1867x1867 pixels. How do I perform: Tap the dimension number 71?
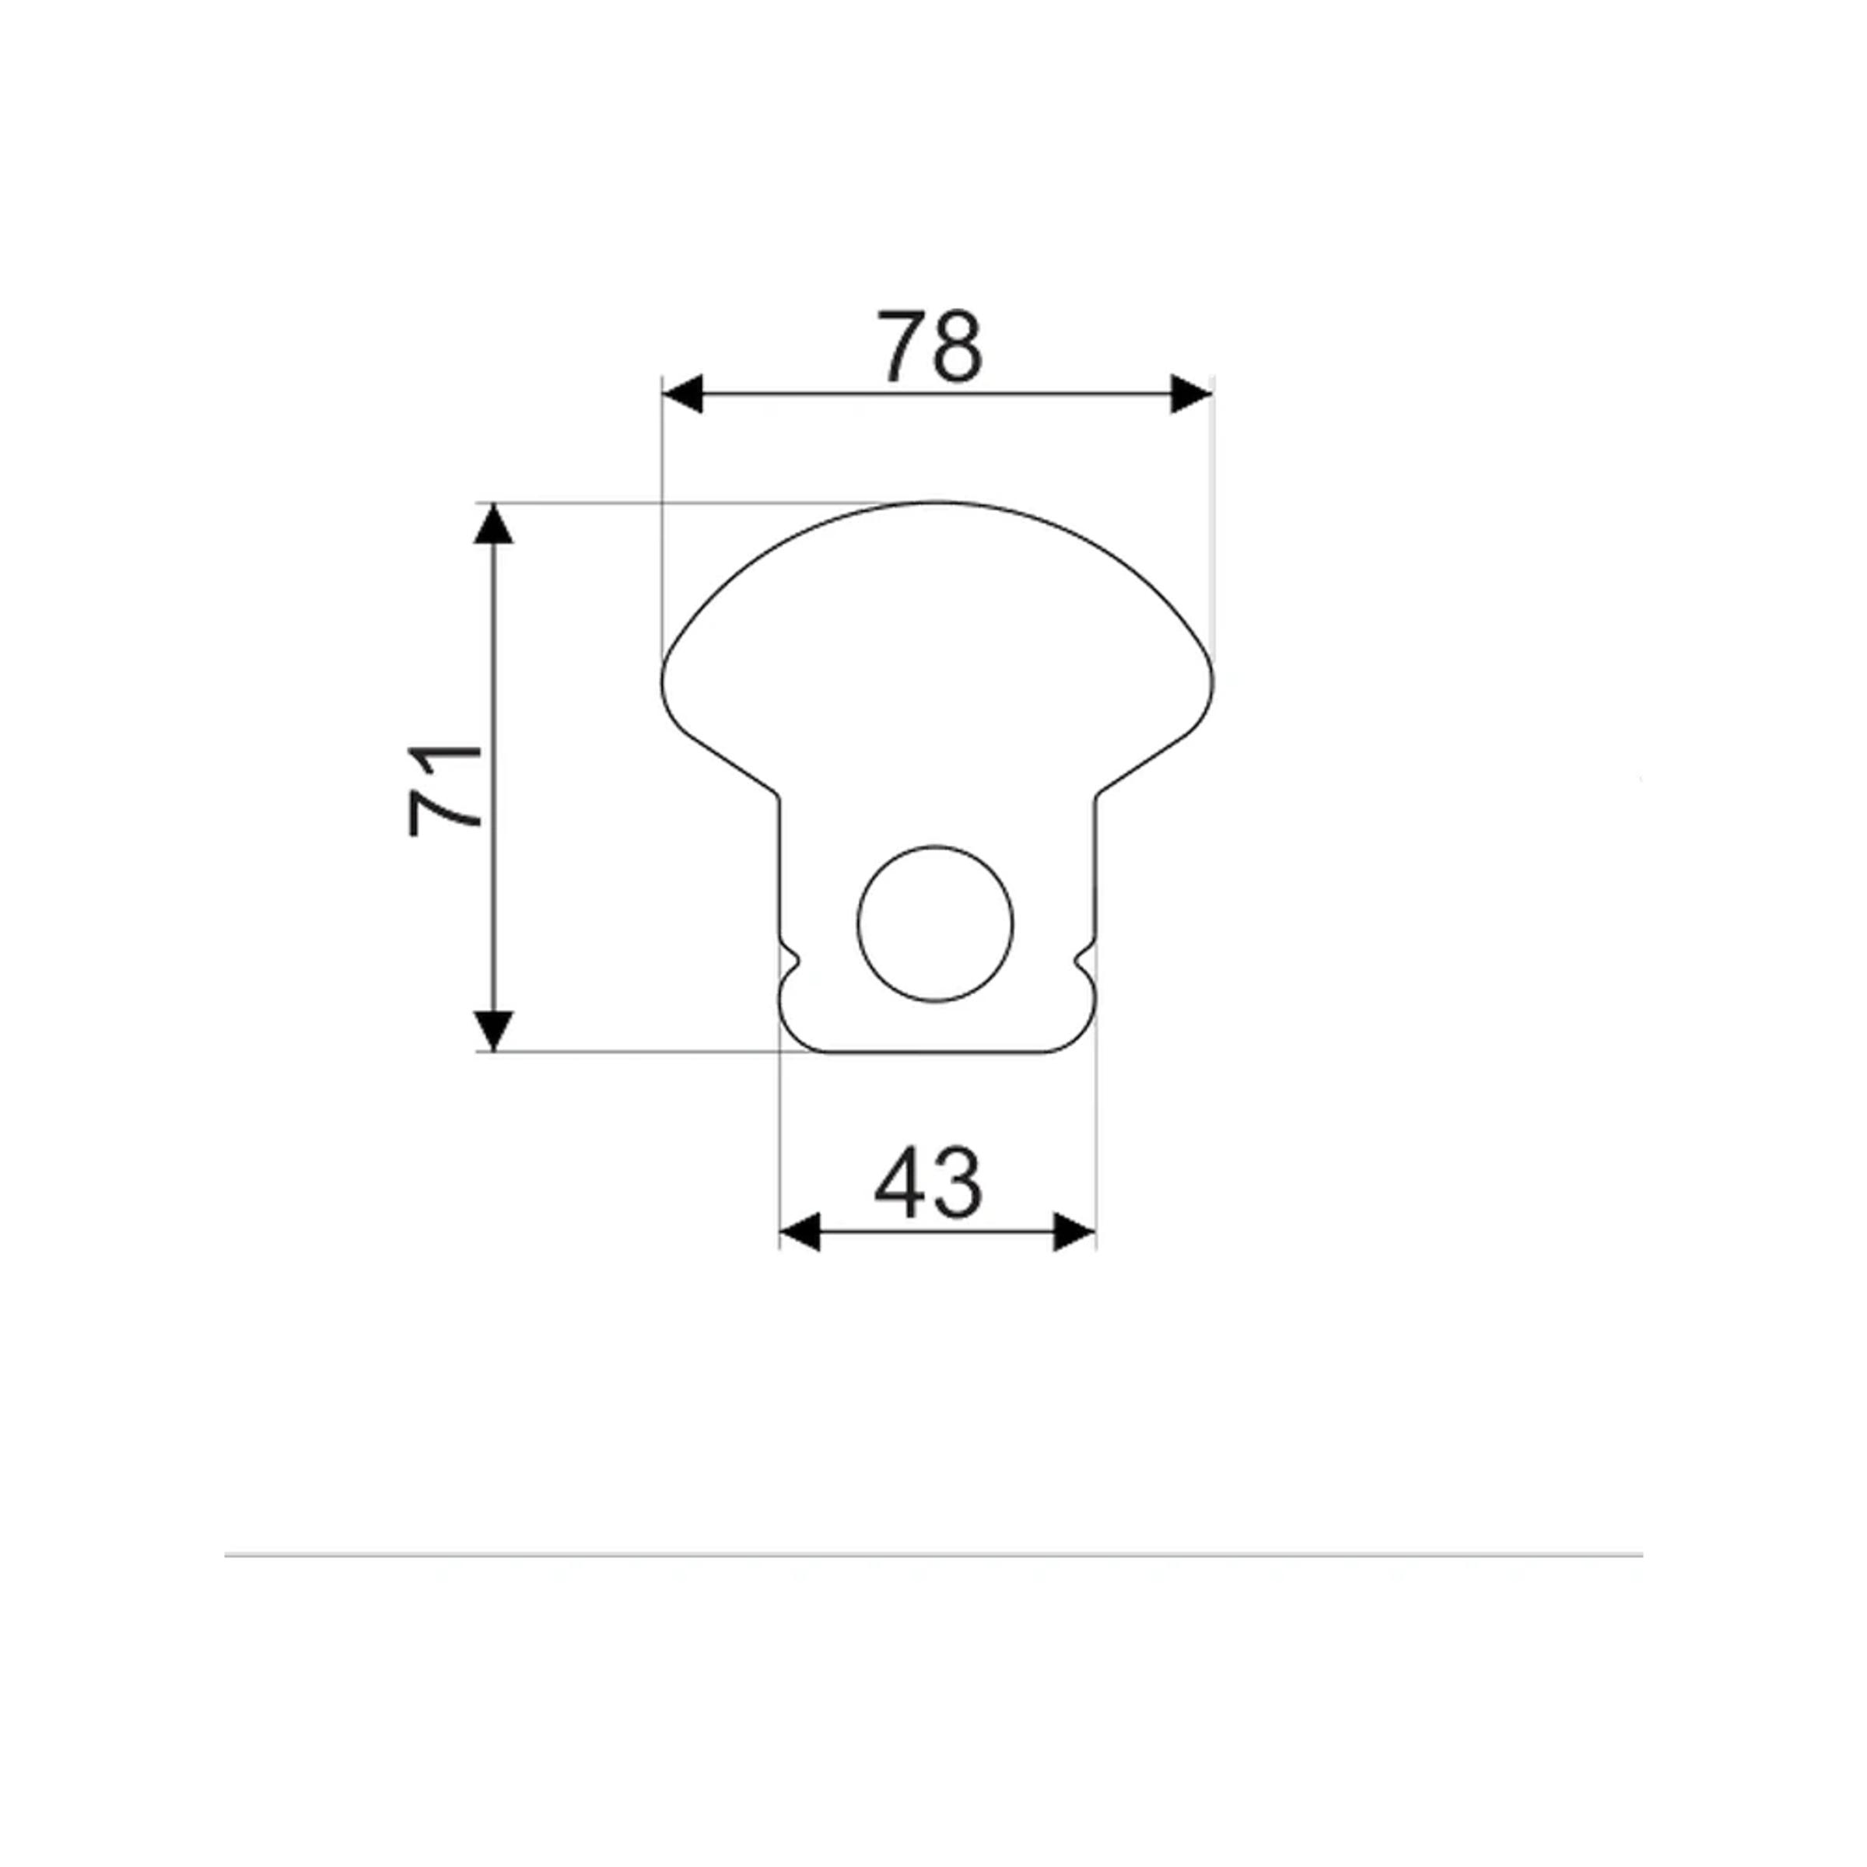click(444, 790)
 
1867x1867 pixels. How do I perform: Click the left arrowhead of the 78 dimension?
click(682, 394)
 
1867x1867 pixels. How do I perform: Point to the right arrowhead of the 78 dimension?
click(1192, 394)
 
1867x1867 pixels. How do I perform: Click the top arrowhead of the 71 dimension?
click(494, 523)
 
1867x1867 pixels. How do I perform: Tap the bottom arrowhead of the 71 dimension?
click(494, 1031)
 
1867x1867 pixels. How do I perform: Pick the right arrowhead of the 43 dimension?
click(1074, 1232)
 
